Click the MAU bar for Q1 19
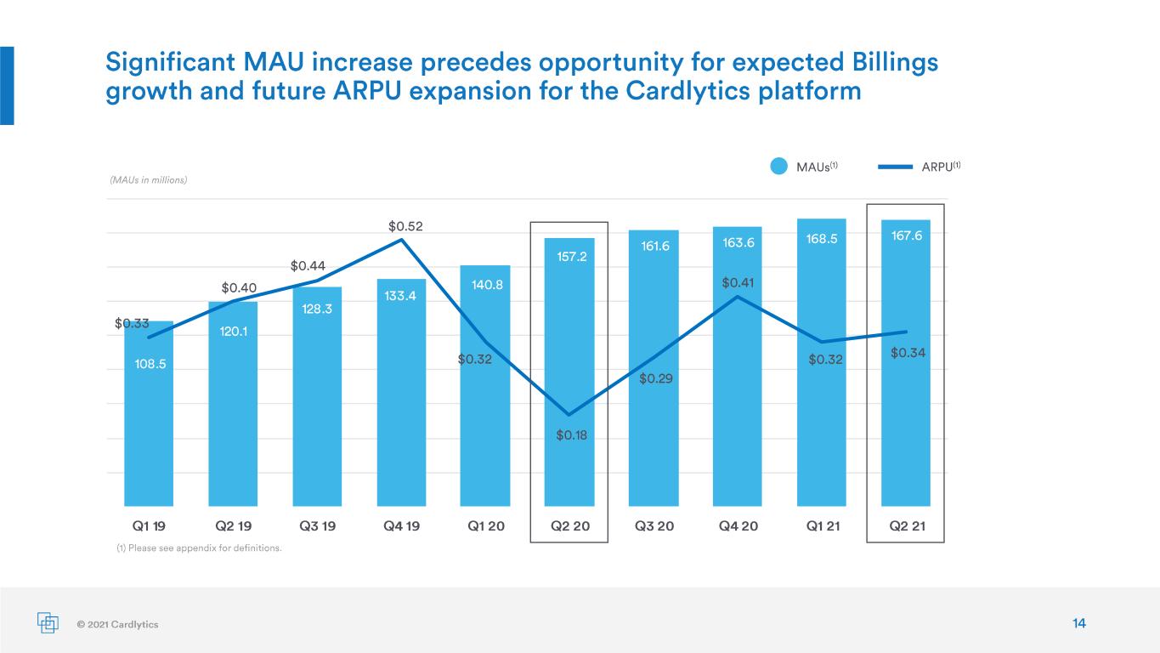tap(149, 413)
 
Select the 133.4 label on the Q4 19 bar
tap(399, 296)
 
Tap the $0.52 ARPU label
tap(405, 226)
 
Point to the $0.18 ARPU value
tap(572, 435)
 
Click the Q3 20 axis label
tap(654, 526)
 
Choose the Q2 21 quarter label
tap(907, 526)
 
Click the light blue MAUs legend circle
tap(778, 167)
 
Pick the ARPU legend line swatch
tap(896, 167)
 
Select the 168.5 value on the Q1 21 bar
tap(821, 239)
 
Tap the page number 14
tap(1078, 623)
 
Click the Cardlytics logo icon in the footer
tap(48, 622)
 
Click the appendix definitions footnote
tap(200, 548)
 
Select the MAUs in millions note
tap(149, 180)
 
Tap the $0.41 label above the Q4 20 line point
tap(738, 283)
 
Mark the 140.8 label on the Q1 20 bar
tap(487, 285)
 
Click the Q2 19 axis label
tap(233, 526)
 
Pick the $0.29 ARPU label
tap(655, 379)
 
